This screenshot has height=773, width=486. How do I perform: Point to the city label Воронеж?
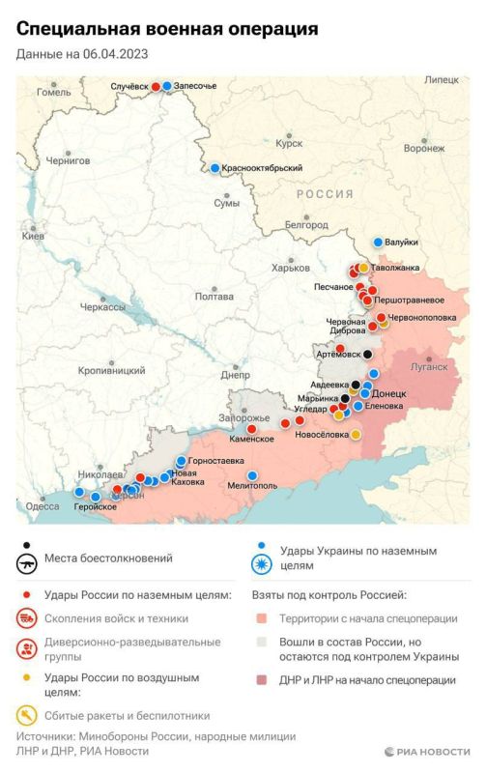[x=424, y=149]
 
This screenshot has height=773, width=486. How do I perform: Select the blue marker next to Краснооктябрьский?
[x=214, y=168]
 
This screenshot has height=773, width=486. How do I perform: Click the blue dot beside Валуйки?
[x=379, y=242]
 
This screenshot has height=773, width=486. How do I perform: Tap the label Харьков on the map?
[x=291, y=268]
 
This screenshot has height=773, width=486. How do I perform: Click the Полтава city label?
[x=214, y=297]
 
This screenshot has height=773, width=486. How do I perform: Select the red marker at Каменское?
[x=252, y=428]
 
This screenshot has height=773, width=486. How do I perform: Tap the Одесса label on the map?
[x=43, y=506]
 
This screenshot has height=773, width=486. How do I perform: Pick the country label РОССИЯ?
[x=325, y=194]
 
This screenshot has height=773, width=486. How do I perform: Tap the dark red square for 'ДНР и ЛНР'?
[x=260, y=680]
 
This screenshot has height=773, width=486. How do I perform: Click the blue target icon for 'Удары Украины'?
[x=261, y=565]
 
